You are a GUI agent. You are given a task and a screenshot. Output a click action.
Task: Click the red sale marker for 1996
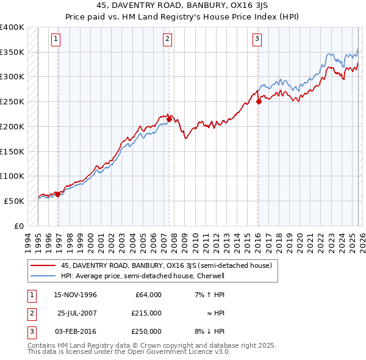(58, 194)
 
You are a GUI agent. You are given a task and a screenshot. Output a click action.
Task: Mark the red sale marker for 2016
(259, 101)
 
